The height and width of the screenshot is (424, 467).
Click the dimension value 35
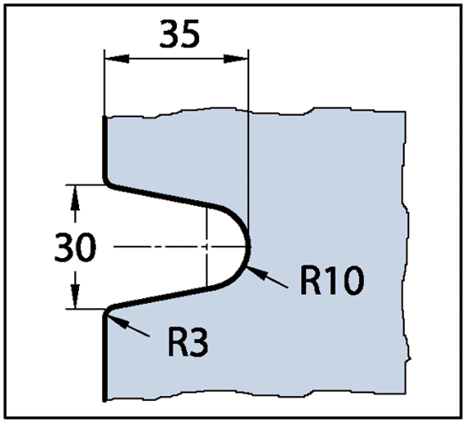[x=179, y=33]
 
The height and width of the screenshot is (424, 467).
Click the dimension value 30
[x=76, y=248]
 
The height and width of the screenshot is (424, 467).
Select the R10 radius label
[x=332, y=281]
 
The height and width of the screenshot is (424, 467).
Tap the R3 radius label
[x=188, y=341]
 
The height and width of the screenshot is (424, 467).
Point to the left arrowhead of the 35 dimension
[x=117, y=59]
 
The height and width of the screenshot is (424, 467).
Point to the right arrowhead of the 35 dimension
[x=236, y=59]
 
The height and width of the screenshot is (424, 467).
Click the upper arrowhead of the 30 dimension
[x=75, y=198]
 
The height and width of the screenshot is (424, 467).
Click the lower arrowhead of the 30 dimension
[x=76, y=296]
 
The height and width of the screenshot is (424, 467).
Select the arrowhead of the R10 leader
[x=256, y=272]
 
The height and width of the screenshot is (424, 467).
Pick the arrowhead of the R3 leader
[x=117, y=322]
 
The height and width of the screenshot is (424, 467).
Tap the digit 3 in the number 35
[x=169, y=34]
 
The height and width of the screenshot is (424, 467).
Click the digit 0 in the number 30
[x=86, y=248]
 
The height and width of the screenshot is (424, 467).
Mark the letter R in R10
[x=310, y=281]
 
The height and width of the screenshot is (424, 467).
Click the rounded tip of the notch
[x=249, y=247]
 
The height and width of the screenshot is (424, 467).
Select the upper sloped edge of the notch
[x=160, y=195]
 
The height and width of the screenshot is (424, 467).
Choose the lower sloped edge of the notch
[x=161, y=297]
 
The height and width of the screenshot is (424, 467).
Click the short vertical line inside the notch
[x=207, y=247]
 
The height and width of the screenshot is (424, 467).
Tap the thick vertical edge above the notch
[x=105, y=148]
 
